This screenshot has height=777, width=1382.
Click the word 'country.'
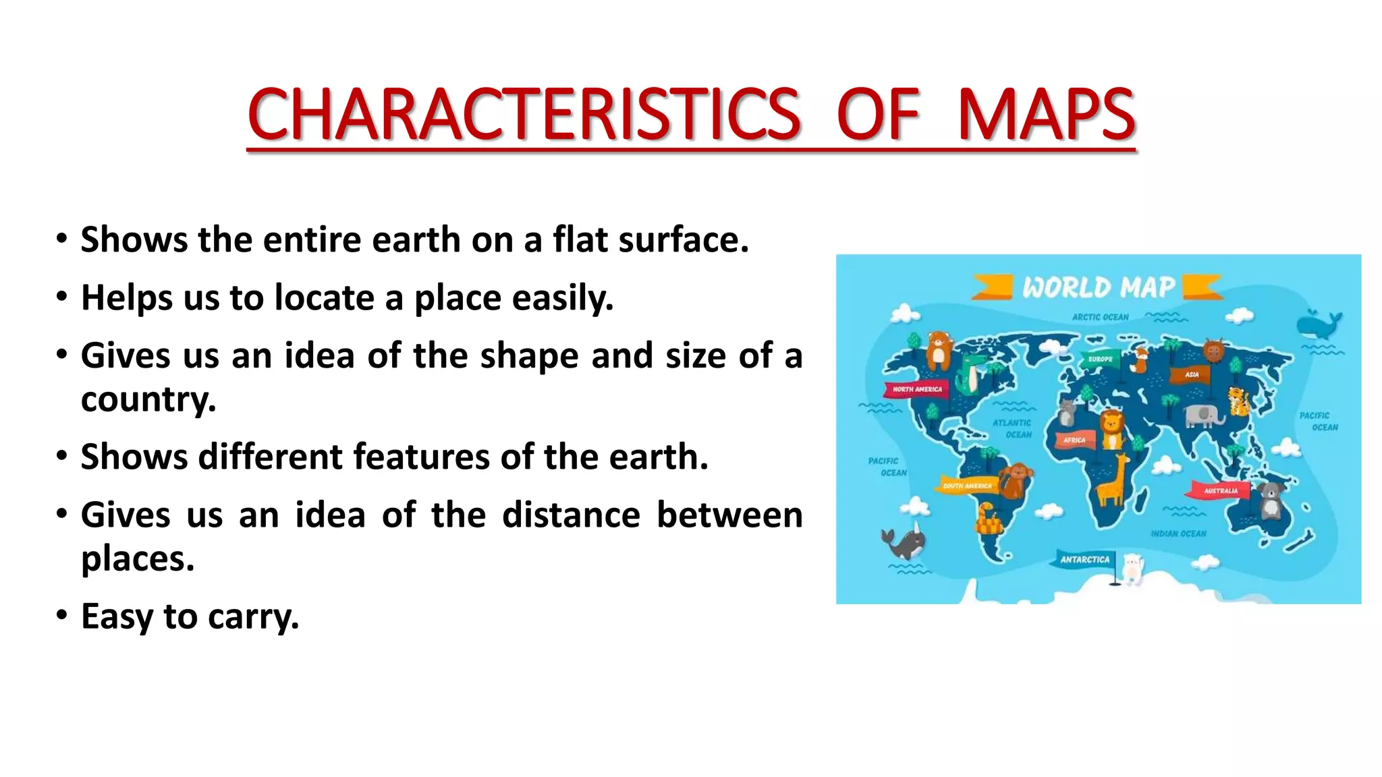(148, 399)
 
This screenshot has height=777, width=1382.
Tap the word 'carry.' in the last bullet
(253, 616)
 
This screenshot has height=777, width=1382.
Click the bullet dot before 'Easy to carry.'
(62, 614)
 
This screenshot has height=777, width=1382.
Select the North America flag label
(917, 389)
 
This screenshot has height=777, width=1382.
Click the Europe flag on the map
(1100, 359)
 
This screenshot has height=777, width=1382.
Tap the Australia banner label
(1221, 490)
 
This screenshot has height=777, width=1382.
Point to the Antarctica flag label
(1084, 559)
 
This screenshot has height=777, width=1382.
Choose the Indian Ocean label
(1178, 534)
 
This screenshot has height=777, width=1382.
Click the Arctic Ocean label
(1100, 317)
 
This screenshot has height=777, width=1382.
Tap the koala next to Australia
(1271, 500)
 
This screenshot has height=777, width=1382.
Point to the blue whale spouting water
(1319, 325)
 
